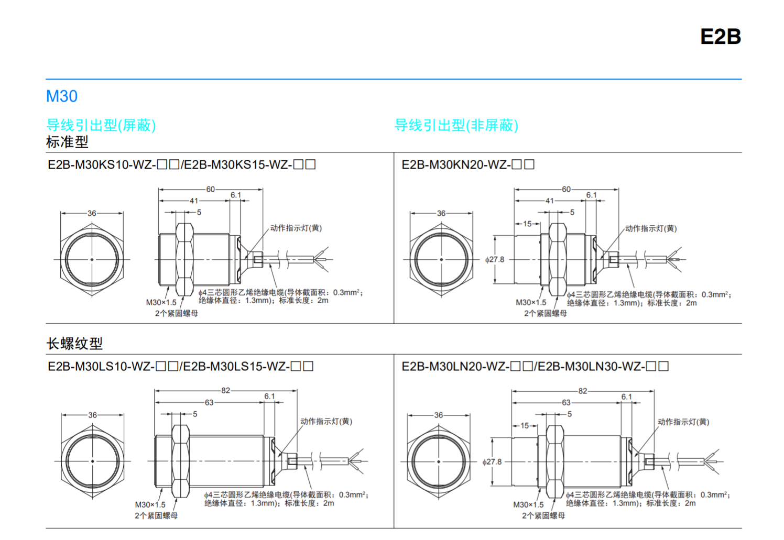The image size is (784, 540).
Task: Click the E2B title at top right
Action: tap(720, 36)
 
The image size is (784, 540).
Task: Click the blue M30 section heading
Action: tap(62, 96)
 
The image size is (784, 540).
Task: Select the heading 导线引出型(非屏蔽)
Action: tap(456, 125)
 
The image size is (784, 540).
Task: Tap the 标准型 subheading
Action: tap(67, 141)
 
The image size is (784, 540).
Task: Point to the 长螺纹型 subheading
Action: tap(74, 344)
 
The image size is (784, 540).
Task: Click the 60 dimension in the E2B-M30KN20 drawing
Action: tap(567, 189)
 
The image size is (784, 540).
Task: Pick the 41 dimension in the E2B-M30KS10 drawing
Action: tap(194, 201)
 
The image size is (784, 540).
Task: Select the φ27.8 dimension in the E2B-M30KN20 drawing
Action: tap(495, 259)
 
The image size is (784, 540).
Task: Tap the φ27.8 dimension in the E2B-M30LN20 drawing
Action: tap(492, 461)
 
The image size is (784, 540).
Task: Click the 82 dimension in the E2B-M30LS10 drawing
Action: tap(226, 390)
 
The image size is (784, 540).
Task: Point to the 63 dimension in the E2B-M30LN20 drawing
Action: tap(567, 403)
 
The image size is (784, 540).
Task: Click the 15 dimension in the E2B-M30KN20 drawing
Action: tap(527, 224)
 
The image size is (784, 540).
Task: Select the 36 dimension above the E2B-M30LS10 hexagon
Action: tap(92, 415)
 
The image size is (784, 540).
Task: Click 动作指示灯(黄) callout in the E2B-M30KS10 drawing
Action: tap(296, 228)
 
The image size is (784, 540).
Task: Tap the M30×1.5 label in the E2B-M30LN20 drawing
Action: tap(528, 505)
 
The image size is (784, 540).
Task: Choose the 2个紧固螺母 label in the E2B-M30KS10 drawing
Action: tap(177, 313)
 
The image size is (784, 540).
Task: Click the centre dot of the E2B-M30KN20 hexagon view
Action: tap(441, 259)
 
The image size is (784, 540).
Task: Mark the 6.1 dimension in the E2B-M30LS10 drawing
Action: tap(269, 396)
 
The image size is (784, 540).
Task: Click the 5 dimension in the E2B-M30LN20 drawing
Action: tap(570, 414)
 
